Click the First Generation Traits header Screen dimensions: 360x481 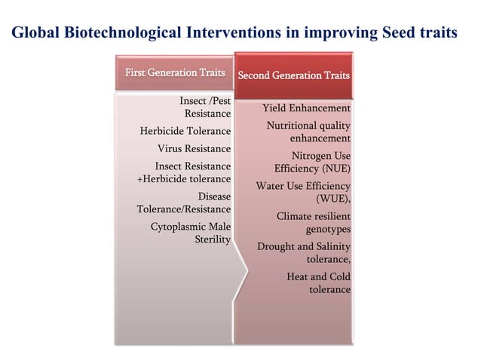pyautogui.click(x=174, y=72)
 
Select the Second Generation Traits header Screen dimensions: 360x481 pyautogui.click(x=293, y=75)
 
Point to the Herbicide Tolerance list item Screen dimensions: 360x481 pyautogui.click(x=185, y=131)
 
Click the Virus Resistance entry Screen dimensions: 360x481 pyautogui.click(x=194, y=148)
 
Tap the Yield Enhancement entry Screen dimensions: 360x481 pyautogui.click(x=305, y=108)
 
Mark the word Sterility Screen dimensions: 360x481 pyautogui.click(x=213, y=239)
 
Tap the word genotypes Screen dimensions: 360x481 pyautogui.click(x=327, y=229)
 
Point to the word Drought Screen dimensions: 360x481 pyautogui.click(x=276, y=246)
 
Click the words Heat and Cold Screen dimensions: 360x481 pyautogui.click(x=318, y=276)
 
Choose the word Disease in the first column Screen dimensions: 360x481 pyautogui.click(x=214, y=196)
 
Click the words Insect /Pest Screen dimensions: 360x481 pyautogui.click(x=205, y=100)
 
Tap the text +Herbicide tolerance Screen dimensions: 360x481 pyautogui.click(x=183, y=178)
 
